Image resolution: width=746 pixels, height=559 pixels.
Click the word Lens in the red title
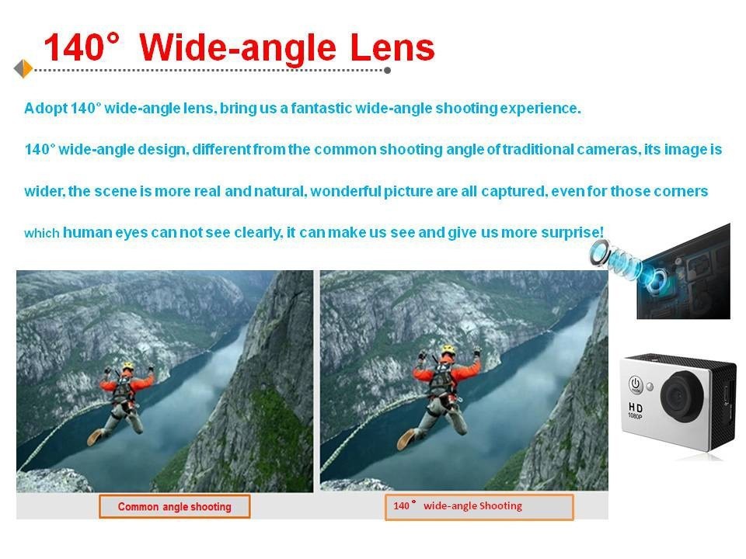tap(392, 47)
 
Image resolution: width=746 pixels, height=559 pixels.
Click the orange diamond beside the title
tap(23, 69)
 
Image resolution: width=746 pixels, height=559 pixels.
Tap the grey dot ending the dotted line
tap(387, 71)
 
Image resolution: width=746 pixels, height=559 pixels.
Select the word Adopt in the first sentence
tap(46, 109)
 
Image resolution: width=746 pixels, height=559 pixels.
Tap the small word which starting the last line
tap(41, 233)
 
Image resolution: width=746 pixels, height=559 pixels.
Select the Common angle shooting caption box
tap(175, 506)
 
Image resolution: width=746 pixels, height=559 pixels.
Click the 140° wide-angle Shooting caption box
tap(479, 507)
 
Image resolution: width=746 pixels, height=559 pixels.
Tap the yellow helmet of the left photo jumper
tap(127, 366)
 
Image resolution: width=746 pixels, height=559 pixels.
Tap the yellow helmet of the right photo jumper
tap(448, 350)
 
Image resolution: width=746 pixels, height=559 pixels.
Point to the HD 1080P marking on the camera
tap(635, 410)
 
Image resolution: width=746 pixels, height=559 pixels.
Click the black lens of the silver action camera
tap(682, 398)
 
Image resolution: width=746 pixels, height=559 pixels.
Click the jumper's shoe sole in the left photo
tap(94, 437)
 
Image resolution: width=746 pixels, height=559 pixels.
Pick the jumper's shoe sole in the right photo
tap(406, 439)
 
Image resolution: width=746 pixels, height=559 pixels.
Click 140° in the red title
tap(81, 47)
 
